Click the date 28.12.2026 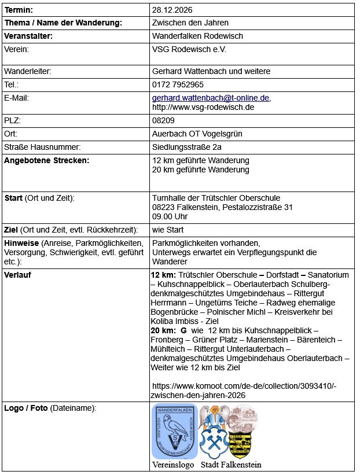click(172, 10)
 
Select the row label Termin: click(19, 10)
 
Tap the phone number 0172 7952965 click(178, 84)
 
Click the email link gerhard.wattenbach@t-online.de click(211, 98)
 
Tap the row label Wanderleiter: click(28, 71)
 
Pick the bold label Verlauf click(18, 274)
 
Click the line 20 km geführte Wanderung click(200, 170)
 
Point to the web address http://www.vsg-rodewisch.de click(203, 107)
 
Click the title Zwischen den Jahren click(190, 23)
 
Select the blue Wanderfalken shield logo click(174, 430)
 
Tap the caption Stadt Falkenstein click(231, 465)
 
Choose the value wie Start click(168, 230)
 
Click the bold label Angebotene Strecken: click(47, 160)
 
